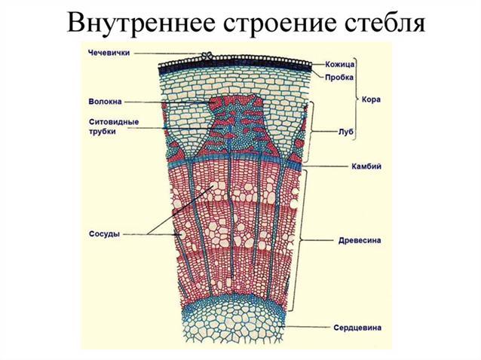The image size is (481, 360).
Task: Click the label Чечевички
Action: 109,53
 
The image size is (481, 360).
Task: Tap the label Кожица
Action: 339,64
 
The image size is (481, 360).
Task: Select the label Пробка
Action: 339,78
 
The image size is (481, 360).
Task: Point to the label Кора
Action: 371,99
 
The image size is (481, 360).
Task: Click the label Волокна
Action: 106,102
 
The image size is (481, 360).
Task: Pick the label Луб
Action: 346,132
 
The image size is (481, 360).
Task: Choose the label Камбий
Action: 366,166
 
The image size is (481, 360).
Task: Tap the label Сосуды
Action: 104,234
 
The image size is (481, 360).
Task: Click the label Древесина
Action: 360,240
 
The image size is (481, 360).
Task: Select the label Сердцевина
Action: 357,328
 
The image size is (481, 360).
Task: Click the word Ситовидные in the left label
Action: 114,122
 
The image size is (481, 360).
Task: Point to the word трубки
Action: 103,132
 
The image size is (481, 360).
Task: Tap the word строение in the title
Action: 280,23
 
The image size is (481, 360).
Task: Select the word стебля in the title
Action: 385,23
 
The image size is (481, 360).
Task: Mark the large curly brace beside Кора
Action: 357,99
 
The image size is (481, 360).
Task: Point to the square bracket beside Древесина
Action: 300,240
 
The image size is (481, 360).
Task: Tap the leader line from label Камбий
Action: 326,166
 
